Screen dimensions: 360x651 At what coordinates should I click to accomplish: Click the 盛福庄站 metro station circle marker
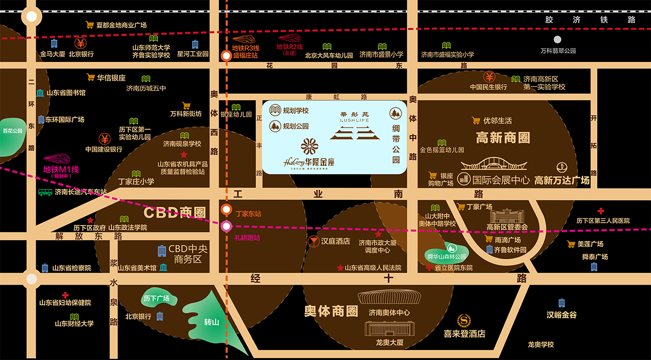coord(226,56)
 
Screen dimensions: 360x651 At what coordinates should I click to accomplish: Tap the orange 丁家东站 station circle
coord(226,210)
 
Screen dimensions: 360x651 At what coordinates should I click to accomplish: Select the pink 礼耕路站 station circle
coord(226,226)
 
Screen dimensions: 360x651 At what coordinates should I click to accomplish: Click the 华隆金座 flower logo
coord(310,147)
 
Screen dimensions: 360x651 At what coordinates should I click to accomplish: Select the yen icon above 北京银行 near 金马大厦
coord(81,43)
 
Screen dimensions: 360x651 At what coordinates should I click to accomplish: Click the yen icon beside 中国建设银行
coord(104,138)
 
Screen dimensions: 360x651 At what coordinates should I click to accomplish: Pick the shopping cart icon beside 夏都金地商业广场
coord(90,24)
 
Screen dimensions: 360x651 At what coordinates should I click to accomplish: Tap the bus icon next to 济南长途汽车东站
coord(45,192)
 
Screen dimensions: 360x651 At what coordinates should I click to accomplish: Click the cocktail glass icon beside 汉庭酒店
coord(313,241)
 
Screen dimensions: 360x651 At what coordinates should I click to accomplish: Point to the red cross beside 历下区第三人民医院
coord(601,211)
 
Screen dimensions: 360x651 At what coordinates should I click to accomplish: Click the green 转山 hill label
coord(212,322)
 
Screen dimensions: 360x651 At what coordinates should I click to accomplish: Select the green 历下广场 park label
coord(156,299)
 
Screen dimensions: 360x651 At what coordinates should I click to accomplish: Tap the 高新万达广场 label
coord(562,180)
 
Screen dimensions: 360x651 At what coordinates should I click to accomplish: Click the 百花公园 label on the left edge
coord(12,131)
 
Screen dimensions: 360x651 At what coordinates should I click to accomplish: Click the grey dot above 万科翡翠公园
coord(558,39)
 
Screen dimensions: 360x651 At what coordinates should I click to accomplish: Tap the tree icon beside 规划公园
coord(275,126)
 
